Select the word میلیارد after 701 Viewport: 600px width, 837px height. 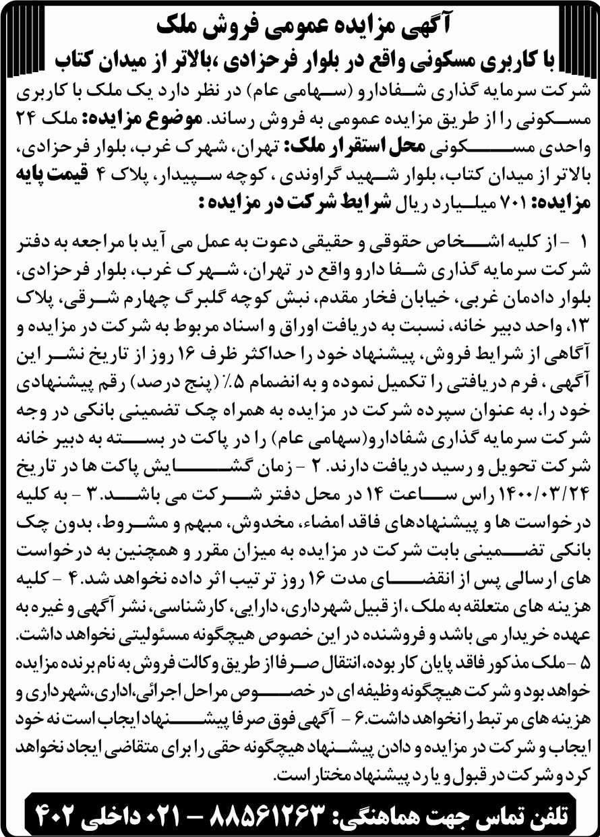click(x=464, y=201)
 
